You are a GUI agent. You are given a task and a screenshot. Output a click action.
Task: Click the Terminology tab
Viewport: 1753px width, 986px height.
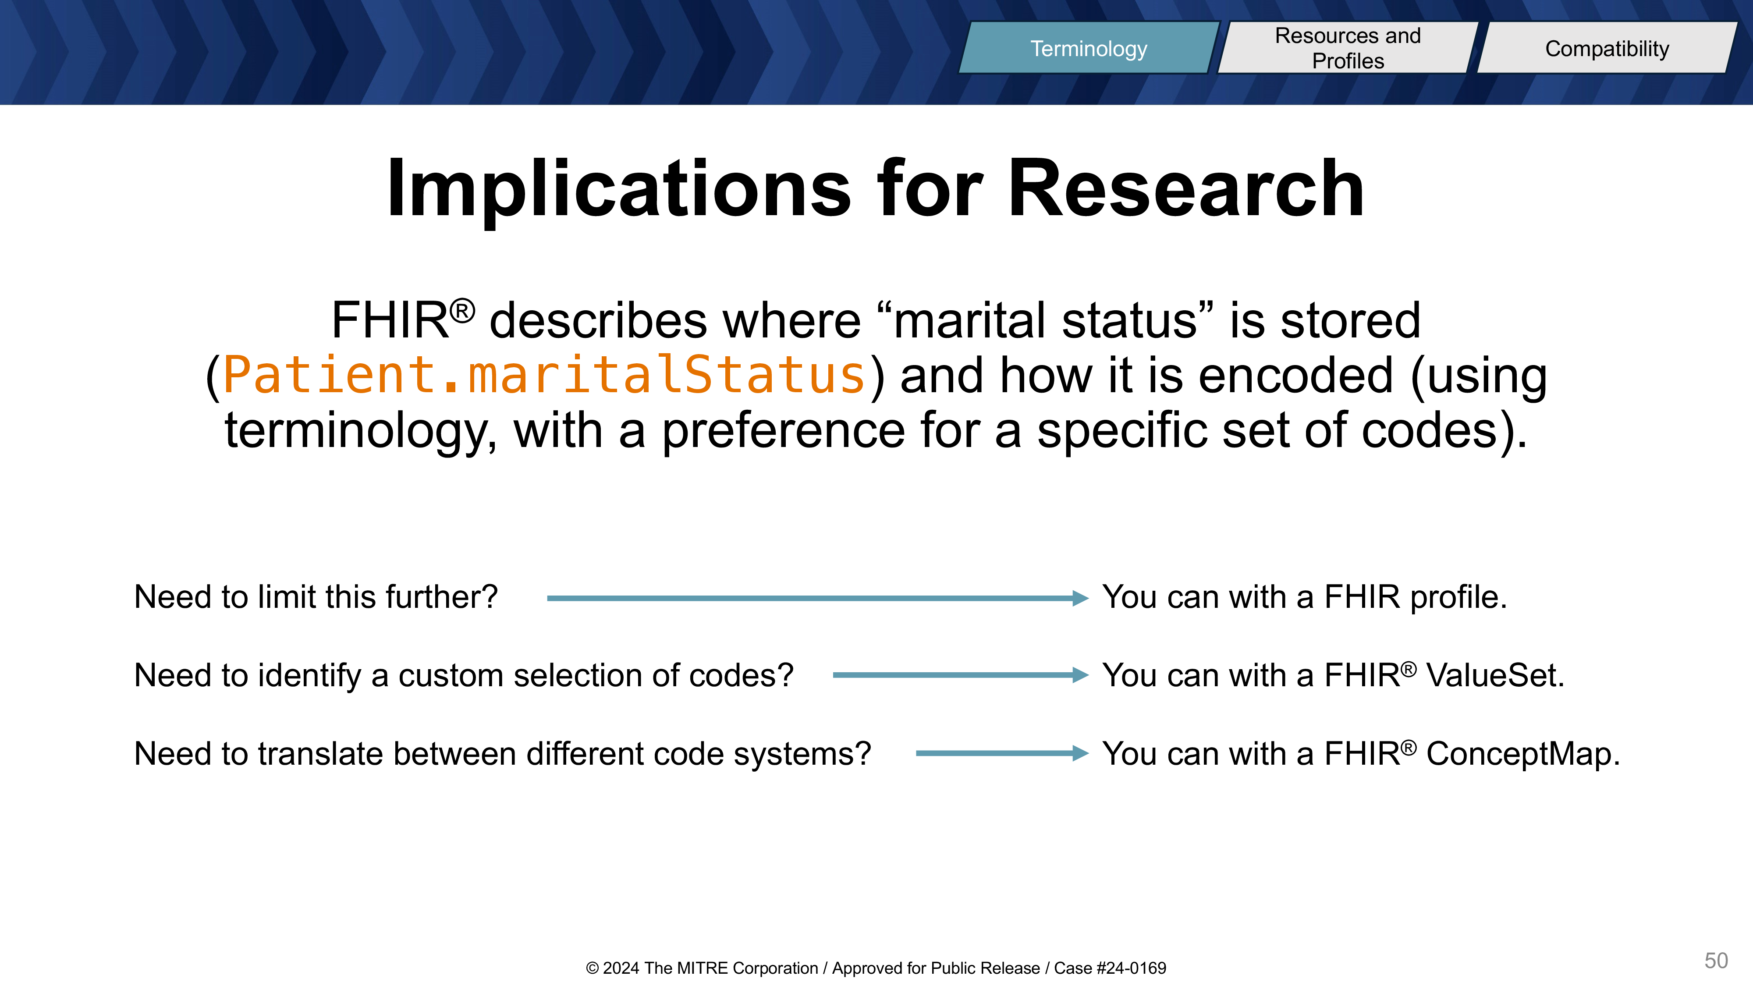tap(1089, 48)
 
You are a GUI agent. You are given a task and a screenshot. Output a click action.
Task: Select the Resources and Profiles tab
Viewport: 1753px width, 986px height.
tap(1348, 48)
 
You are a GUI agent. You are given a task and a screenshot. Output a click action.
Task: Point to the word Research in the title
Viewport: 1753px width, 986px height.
tap(1185, 188)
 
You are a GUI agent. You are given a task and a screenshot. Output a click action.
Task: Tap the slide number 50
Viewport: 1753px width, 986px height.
tap(1716, 960)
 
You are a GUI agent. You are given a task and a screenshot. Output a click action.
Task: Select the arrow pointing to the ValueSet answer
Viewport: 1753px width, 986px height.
tap(960, 675)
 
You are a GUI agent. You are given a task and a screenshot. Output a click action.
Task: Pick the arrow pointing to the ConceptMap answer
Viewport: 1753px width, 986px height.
tap(1002, 753)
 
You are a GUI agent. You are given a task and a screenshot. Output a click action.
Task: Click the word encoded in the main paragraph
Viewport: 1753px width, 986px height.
tap(1295, 375)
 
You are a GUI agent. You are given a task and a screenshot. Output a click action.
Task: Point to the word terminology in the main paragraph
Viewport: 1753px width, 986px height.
tap(360, 431)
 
